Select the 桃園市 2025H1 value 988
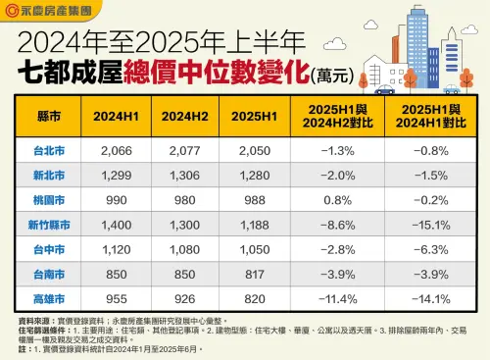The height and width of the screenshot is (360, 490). tap(246, 199)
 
